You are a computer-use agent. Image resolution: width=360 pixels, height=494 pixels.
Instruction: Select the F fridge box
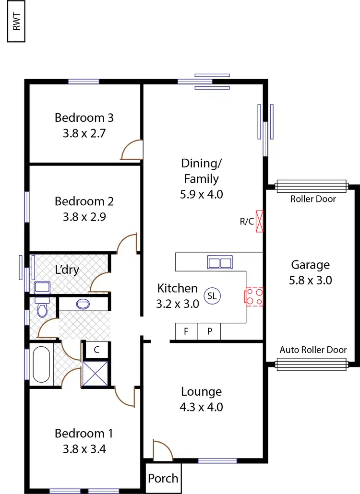[186, 331]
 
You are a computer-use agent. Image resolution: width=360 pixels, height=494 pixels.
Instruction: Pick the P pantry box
[209, 331]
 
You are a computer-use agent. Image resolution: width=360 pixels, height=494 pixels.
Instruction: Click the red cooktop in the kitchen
[254, 296]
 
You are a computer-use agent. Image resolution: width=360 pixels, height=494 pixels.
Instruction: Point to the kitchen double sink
[220, 262]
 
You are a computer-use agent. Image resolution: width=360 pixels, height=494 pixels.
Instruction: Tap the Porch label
[163, 478]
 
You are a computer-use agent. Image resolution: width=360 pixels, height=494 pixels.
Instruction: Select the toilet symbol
[42, 309]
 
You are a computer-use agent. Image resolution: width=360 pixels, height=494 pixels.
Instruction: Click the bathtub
[41, 364]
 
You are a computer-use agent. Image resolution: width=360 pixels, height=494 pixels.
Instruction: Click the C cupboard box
[96, 350]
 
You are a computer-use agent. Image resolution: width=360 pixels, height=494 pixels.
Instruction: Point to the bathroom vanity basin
[83, 304]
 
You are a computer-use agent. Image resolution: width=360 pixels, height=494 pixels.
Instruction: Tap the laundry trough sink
[43, 287]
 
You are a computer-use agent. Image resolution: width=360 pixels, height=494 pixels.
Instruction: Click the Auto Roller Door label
[313, 350]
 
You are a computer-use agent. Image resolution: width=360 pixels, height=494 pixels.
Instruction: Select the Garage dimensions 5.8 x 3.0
[311, 280]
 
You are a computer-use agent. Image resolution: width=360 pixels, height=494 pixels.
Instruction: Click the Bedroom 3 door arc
[131, 150]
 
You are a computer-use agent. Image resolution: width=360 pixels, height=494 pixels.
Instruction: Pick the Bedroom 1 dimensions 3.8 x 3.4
[84, 449]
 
